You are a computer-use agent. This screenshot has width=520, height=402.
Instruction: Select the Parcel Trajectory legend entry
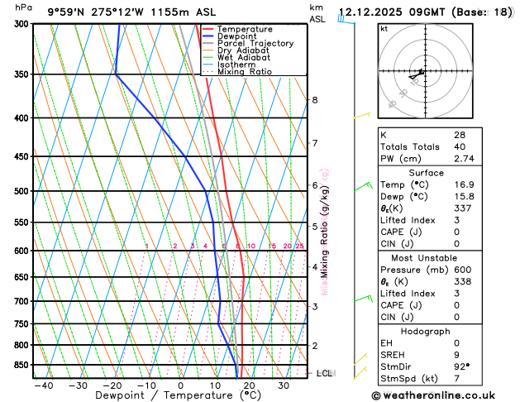255,44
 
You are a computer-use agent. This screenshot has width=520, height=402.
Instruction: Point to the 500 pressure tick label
20,191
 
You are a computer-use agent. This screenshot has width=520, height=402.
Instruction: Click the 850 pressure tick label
20,365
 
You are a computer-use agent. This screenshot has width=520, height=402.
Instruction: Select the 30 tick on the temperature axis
284,385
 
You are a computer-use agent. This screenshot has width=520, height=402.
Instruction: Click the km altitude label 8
315,100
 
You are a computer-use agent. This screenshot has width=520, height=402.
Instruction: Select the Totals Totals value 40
460,146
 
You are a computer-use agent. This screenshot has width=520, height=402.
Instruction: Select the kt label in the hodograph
384,28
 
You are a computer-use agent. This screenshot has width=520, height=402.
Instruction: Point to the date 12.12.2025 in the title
372,12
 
